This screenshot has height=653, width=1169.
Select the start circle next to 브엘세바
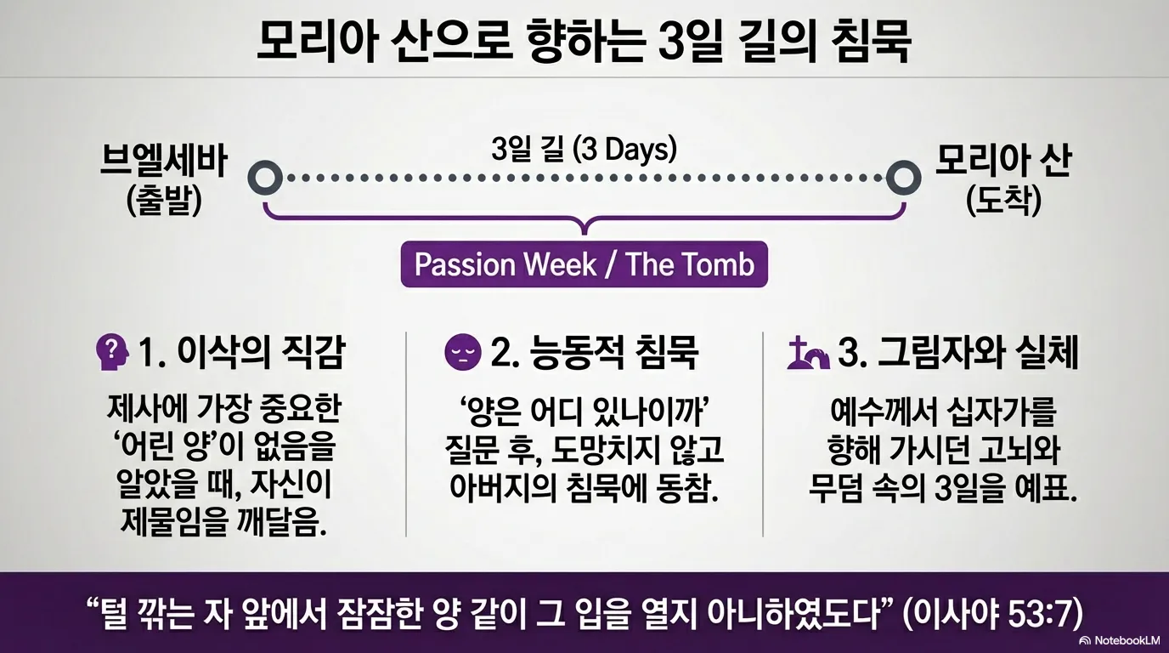(265, 179)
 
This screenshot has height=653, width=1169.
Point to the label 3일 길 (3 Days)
(584, 150)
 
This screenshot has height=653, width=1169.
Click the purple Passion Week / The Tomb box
(584, 264)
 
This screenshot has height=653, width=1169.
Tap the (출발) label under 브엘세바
(165, 202)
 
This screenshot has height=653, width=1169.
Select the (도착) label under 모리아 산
(1003, 202)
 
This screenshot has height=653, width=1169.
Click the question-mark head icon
(112, 353)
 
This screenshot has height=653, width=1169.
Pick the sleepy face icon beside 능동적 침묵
(462, 353)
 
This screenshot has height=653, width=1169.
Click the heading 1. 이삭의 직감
(241, 353)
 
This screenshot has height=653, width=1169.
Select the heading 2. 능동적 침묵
(595, 353)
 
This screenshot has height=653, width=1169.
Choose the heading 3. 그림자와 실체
(958, 353)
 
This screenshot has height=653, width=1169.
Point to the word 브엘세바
(164, 162)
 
